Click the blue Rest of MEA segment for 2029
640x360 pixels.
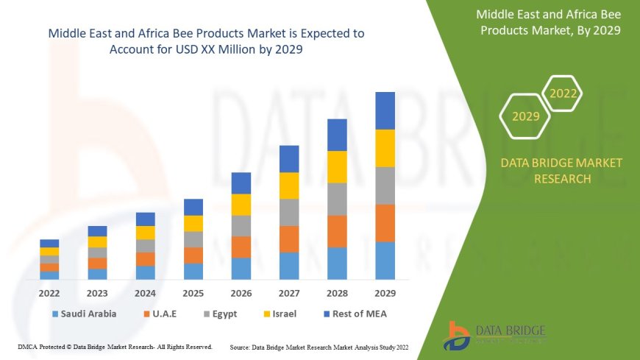point(385,110)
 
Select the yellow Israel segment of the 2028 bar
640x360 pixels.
point(337,166)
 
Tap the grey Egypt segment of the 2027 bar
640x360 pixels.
point(289,212)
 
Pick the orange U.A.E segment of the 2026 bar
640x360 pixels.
point(241,247)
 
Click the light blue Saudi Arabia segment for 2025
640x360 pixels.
point(193,271)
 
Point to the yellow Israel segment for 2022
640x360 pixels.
point(49,251)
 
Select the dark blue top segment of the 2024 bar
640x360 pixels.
point(146,219)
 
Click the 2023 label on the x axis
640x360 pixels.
point(97,293)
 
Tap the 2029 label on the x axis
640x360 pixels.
point(385,293)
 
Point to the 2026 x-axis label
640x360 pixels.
point(241,293)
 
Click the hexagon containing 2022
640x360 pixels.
point(563,93)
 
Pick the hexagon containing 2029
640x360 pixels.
point(525,116)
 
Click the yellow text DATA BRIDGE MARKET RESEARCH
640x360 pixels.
point(561,170)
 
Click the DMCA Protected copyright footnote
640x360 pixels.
point(115,346)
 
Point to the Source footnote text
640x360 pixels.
point(319,346)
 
